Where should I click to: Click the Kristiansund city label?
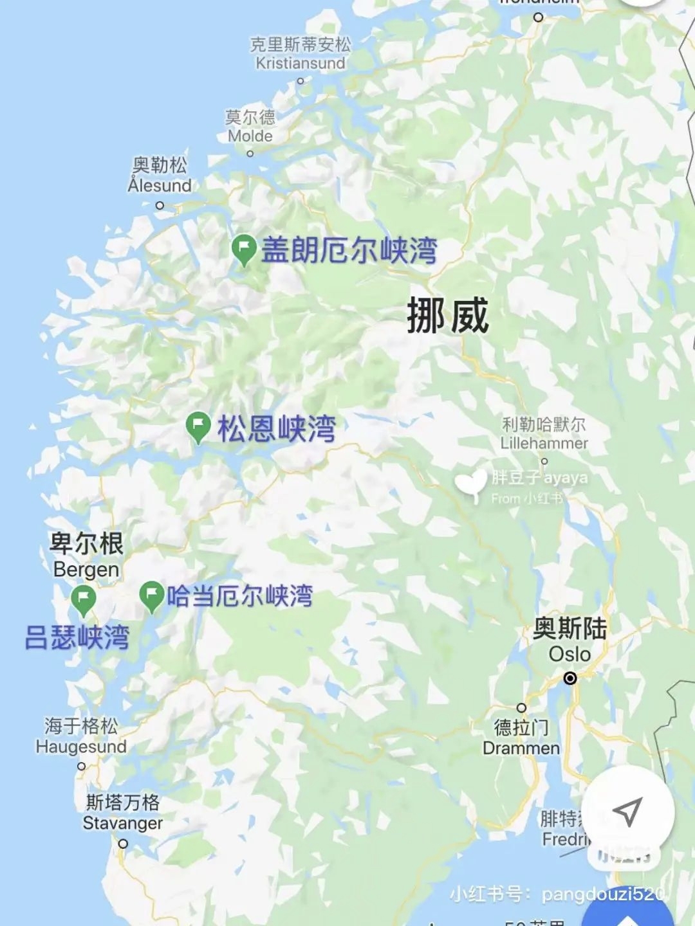coord(301,54)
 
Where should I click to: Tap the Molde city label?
coord(250,127)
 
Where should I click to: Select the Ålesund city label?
coord(160,176)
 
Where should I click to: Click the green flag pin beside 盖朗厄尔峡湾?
coord(244,249)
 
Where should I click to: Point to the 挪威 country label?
coord(448,316)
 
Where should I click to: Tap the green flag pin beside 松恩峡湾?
coord(198,426)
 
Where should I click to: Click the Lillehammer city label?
coord(544,434)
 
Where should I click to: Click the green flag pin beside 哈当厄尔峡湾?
coord(152,596)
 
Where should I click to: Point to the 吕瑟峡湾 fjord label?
coord(77,637)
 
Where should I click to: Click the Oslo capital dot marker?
coord(570,678)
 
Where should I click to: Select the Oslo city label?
coord(570,641)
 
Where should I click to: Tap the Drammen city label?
coord(521,738)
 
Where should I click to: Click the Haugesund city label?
coord(81,736)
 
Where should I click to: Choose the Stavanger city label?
coord(123,813)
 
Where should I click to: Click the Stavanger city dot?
coord(123,844)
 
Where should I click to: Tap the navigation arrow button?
coord(627,812)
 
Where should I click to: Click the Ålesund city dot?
coord(160,206)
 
